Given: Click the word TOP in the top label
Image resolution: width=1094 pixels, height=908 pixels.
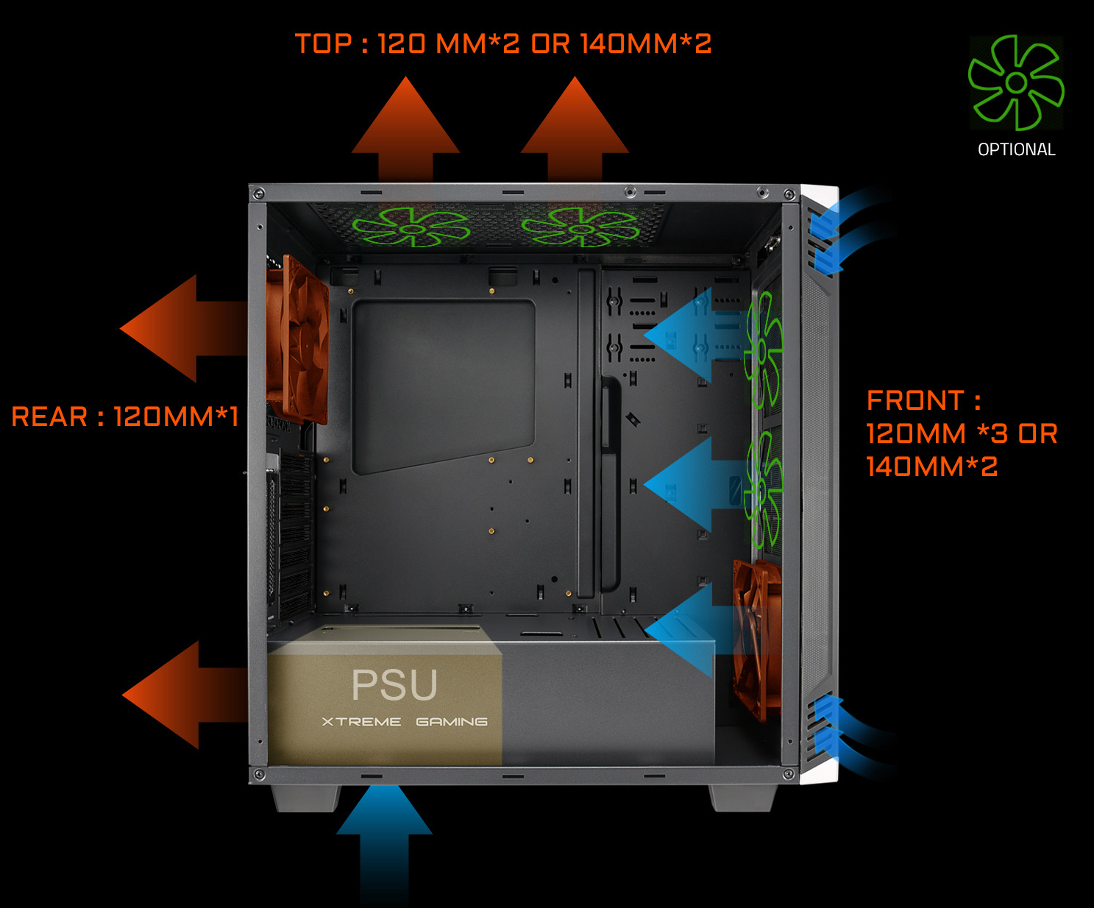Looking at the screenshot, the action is [323, 43].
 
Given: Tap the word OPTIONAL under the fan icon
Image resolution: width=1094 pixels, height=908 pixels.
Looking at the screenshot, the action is [1017, 149].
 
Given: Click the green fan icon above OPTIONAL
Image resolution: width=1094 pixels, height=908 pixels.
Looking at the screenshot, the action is [1016, 82].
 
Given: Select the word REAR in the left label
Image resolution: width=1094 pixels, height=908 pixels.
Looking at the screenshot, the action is [49, 416].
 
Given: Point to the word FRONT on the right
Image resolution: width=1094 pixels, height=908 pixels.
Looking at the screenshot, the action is [914, 400].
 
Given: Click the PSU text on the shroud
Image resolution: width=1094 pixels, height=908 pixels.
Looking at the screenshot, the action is [394, 685].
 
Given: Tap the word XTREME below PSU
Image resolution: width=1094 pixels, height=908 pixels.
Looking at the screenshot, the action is [361, 722].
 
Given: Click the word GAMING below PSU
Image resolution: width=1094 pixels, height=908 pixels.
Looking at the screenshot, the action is [452, 722].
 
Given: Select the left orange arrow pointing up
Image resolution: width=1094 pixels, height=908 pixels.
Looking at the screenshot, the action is [405, 130].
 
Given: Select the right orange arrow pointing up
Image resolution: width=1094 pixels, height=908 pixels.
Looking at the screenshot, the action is [575, 130].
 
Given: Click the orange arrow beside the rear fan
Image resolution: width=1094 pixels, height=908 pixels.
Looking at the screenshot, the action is [183, 328].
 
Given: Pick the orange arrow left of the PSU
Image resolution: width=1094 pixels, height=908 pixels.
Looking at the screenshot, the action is [185, 695].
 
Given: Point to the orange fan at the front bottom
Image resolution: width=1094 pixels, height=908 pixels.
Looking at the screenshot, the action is [756, 639].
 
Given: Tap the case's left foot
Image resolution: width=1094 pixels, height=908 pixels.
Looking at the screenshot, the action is [306, 798].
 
